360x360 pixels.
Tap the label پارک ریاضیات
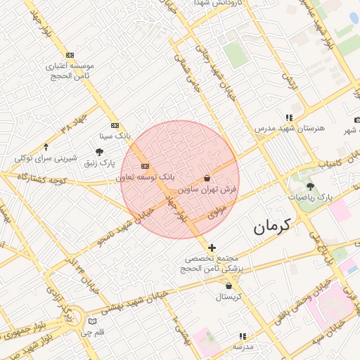pos(310,197)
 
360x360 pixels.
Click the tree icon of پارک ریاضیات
pos(310,186)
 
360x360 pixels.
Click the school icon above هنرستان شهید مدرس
pos(288,118)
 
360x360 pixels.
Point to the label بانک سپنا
pos(115,134)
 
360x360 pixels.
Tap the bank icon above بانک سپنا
pos(115,124)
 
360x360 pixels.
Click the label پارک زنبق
pos(99,162)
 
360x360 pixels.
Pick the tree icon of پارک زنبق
pos(99,151)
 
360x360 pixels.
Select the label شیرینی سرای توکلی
pos(46,158)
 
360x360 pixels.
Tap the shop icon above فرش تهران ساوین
pos(207,179)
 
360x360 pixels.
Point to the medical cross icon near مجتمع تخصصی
pos(212,247)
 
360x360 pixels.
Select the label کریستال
pos(229,296)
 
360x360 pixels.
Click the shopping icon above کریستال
pos(229,285)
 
